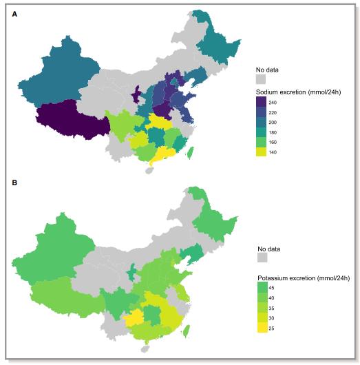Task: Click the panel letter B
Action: click(x=14, y=184)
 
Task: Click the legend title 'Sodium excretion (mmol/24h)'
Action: click(x=299, y=91)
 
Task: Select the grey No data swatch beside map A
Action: click(x=262, y=79)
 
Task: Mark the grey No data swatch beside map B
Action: click(x=262, y=258)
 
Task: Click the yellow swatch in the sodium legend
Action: click(x=262, y=151)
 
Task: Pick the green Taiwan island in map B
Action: click(x=186, y=331)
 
